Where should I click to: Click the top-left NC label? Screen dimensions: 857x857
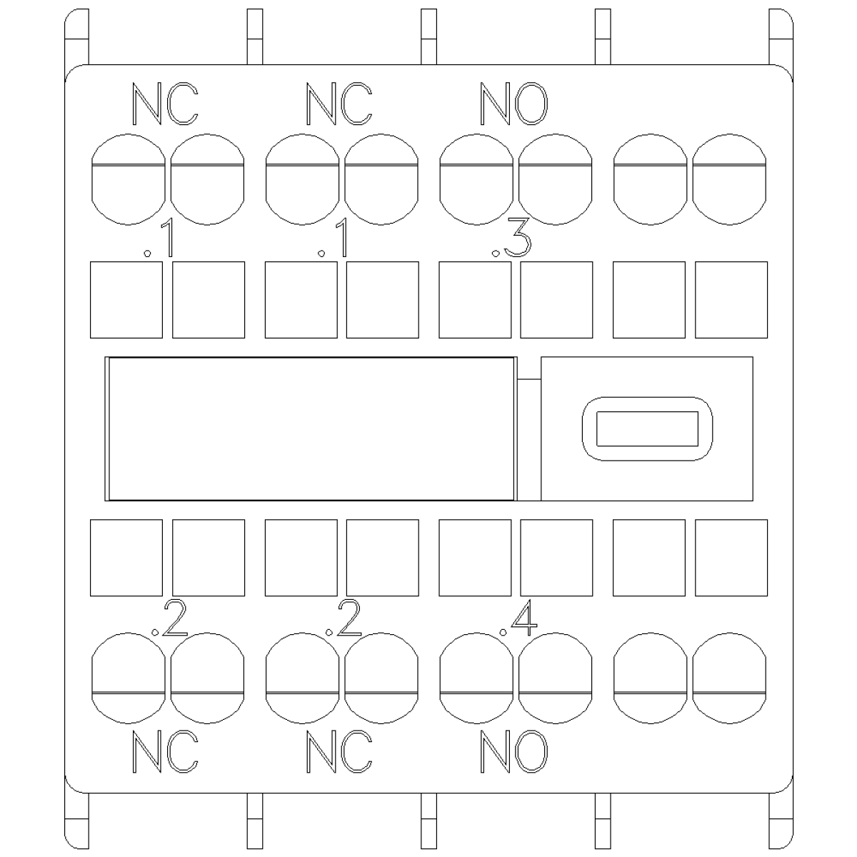[165, 104]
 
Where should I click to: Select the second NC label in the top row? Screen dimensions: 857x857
[339, 104]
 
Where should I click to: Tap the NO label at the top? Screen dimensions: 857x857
[513, 104]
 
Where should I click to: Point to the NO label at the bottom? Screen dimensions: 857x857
[513, 751]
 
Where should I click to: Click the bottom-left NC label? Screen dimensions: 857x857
[165, 751]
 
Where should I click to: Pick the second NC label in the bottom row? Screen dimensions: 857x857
[339, 751]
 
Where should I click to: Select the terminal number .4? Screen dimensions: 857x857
[518, 618]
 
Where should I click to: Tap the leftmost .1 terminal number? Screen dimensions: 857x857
[159, 238]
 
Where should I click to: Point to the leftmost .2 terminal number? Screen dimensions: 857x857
[169, 618]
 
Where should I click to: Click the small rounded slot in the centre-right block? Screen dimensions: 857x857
[647, 428]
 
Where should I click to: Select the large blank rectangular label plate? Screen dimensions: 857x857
[311, 428]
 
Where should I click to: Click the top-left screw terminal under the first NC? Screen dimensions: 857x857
[128, 179]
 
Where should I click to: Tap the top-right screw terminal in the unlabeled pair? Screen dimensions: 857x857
[729, 179]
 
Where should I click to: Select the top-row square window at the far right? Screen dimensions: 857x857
[731, 300]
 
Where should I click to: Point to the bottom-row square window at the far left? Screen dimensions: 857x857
[126, 558]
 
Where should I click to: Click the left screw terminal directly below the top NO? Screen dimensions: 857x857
[476, 179]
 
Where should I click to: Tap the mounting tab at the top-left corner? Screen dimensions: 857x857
[76, 36]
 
